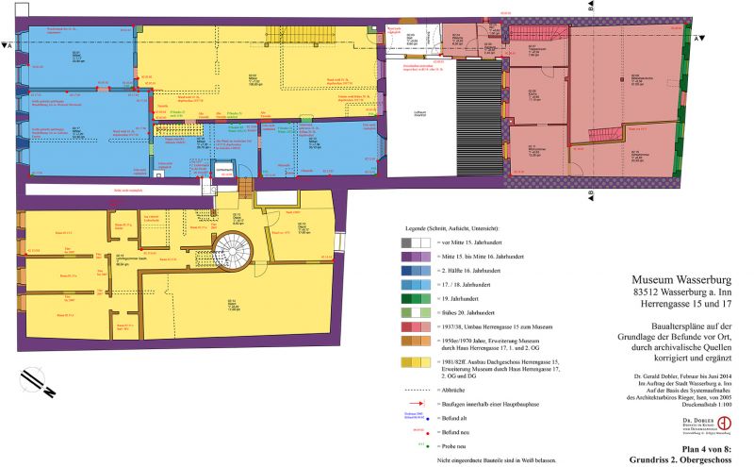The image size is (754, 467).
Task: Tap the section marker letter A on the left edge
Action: [8, 44]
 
